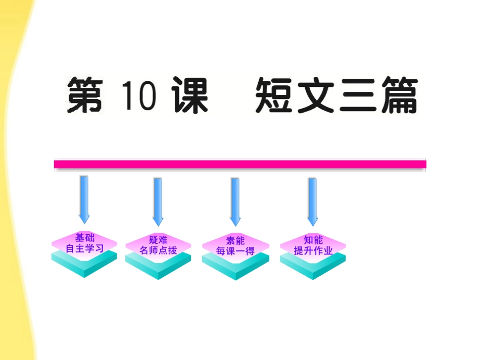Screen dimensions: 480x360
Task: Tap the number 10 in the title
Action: pyautogui.click(x=138, y=95)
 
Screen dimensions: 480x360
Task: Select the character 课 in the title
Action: pyautogui.click(x=189, y=95)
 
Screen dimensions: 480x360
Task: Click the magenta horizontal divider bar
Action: pyautogui.click(x=240, y=164)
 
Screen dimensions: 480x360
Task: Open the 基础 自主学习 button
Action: pyautogui.click(x=84, y=252)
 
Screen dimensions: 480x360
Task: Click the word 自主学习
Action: pyautogui.click(x=84, y=248)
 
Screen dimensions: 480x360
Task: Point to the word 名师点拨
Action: pyautogui.click(x=159, y=250)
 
